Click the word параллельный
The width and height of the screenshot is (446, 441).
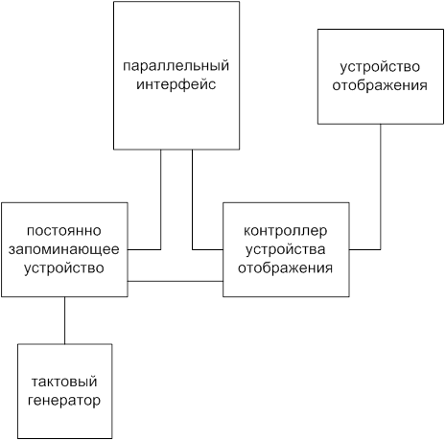[x=176, y=66]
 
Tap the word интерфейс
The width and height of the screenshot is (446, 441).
[x=176, y=84]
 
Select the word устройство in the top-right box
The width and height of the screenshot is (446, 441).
[x=380, y=67]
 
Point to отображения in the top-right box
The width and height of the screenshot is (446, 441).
[x=380, y=85]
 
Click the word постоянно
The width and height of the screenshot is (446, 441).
[x=64, y=231]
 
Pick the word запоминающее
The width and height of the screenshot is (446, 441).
[x=64, y=249]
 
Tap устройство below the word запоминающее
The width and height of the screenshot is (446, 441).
[x=64, y=268]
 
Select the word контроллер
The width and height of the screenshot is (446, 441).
[x=286, y=231]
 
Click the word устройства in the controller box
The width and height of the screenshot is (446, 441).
[x=286, y=249]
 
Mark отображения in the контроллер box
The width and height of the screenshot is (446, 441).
[x=286, y=268]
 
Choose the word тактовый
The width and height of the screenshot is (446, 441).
[x=64, y=382]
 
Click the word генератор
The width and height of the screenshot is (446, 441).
[x=64, y=401]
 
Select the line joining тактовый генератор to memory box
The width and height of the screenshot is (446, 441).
[x=64, y=320]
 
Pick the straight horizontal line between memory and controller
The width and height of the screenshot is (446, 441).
[x=176, y=281]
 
